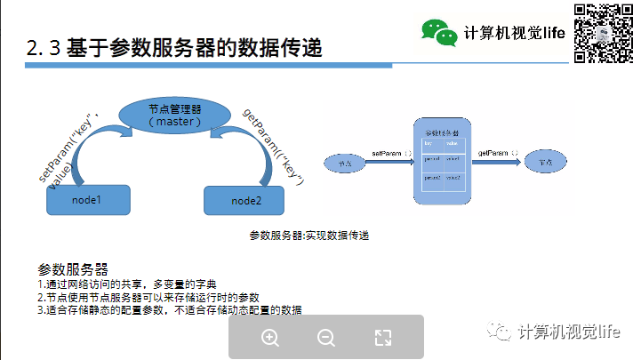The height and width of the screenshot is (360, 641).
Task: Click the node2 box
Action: point(246,201)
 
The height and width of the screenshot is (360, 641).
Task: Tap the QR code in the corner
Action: point(604,34)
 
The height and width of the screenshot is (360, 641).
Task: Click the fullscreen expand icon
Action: point(383,337)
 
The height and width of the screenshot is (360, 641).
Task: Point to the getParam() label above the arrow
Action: point(494,154)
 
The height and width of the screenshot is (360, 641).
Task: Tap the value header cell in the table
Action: point(453,142)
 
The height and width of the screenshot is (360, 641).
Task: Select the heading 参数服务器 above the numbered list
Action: point(73,268)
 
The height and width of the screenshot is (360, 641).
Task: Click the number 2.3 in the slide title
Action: point(44,49)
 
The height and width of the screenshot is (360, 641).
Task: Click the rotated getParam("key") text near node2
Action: point(274,145)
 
